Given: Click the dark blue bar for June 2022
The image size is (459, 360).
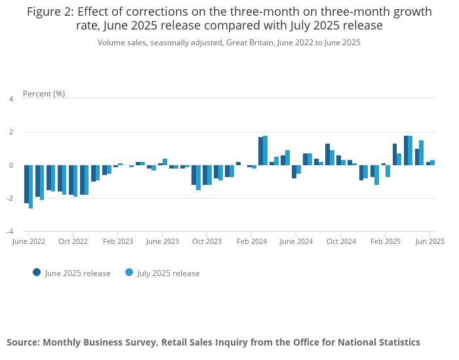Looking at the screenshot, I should pyautogui.click(x=26, y=184).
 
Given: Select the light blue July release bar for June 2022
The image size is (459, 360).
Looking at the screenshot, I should pyautogui.click(x=31, y=186).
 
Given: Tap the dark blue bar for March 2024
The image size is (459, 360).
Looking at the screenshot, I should pyautogui.click(x=260, y=151).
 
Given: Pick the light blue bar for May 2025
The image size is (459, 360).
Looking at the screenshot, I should pyautogui.click(x=421, y=153).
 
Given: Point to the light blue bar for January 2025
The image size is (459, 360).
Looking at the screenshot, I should pyautogui.click(x=376, y=174).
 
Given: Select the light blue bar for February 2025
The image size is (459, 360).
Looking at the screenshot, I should pyautogui.click(x=388, y=170).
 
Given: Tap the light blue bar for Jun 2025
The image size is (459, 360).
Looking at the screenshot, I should pyautogui.click(x=432, y=162).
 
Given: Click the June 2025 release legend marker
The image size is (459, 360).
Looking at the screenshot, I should pyautogui.click(x=37, y=273).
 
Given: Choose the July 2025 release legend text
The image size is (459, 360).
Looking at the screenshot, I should pyautogui.click(x=169, y=273).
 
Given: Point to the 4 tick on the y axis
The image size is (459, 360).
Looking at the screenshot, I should pyautogui.click(x=11, y=99).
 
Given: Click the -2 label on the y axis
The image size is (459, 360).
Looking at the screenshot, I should pyautogui.click(x=10, y=199).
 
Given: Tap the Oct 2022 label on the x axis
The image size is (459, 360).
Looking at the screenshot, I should pyautogui.click(x=73, y=241).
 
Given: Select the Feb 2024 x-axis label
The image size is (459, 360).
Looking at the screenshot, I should pyautogui.click(x=251, y=241).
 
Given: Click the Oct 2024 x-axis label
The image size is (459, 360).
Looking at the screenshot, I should pyautogui.click(x=341, y=241).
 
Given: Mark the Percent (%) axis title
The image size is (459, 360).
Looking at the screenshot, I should pyautogui.click(x=44, y=94).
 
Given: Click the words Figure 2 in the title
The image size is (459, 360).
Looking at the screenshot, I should pyautogui.click(x=51, y=12).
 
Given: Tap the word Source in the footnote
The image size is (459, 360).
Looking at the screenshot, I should pyautogui.click(x=24, y=342).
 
